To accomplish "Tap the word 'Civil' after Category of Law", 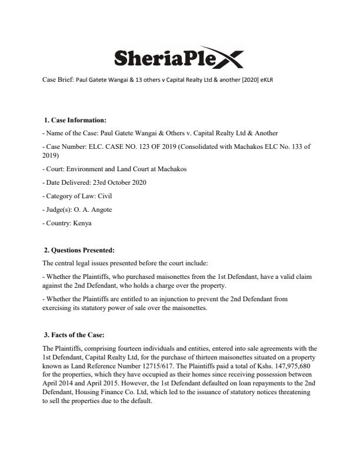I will [104, 196].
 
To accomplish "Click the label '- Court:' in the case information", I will [55, 169].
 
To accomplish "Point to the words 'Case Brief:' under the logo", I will [59, 79].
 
